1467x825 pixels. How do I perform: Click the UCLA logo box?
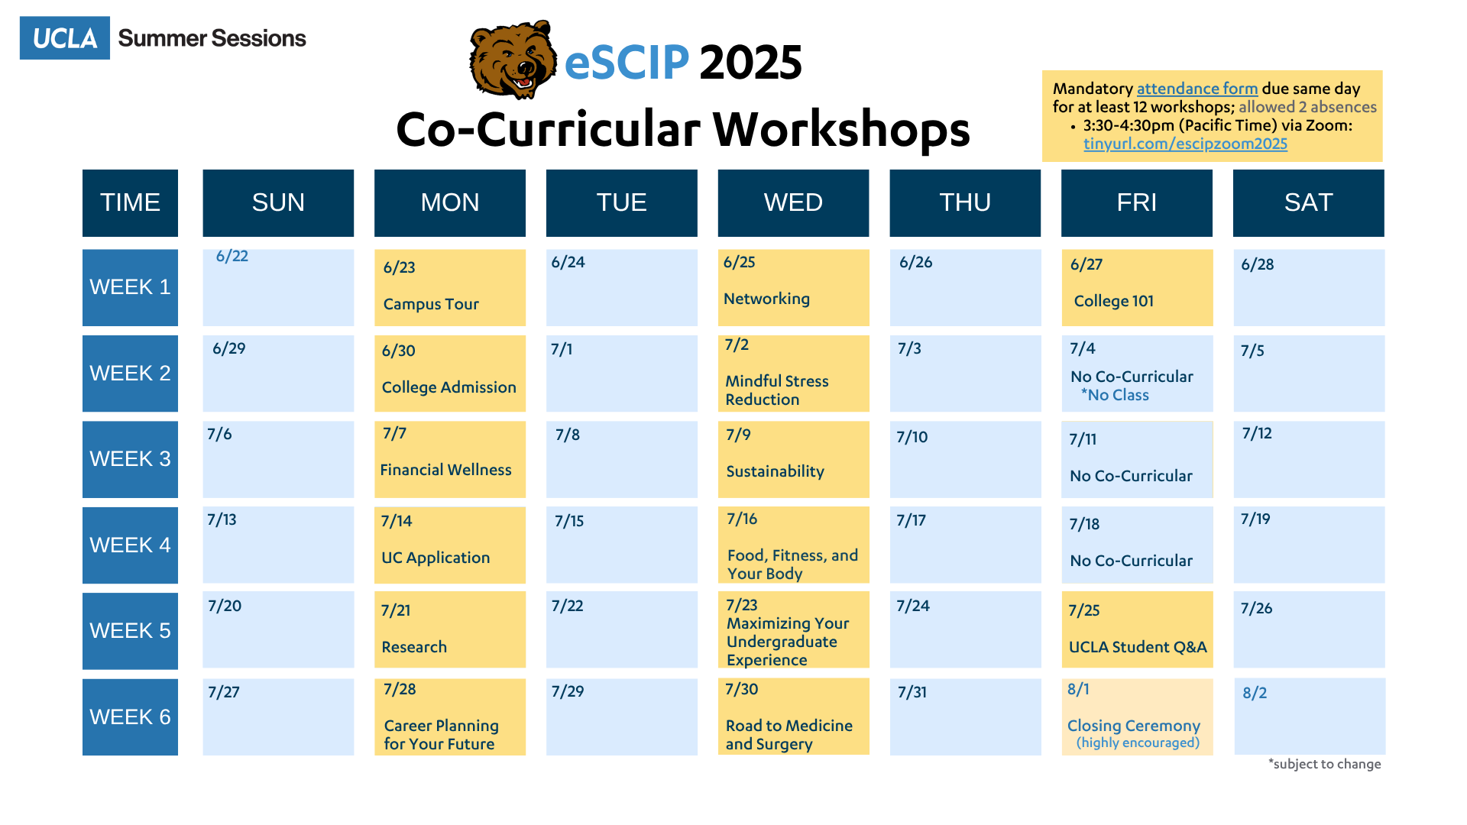pos(65,38)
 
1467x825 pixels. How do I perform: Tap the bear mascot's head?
pos(513,60)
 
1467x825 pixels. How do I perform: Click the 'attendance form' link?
pos(1197,89)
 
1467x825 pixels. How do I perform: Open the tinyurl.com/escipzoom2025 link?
pos(1185,144)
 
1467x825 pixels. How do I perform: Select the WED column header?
pos(793,203)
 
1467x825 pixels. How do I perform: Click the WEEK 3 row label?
pos(130,459)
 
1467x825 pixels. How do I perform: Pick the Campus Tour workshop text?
pos(431,304)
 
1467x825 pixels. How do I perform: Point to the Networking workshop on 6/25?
pos(766,299)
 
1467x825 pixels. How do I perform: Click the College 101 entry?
pos(1113,301)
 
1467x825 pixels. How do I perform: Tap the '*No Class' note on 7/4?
pos(1115,395)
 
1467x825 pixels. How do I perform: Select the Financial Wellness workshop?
pos(445,470)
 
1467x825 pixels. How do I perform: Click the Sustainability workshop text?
pos(775,471)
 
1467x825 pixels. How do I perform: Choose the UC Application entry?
pos(436,558)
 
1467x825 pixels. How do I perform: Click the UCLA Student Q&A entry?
pos(1138,647)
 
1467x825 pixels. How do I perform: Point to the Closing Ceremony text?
pos(1133,726)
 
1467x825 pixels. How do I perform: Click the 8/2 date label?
pos(1255,693)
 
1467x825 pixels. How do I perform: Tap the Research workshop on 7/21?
pos(414,647)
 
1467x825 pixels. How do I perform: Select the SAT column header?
pos(1308,203)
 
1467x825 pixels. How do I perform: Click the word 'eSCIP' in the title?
pos(627,62)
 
